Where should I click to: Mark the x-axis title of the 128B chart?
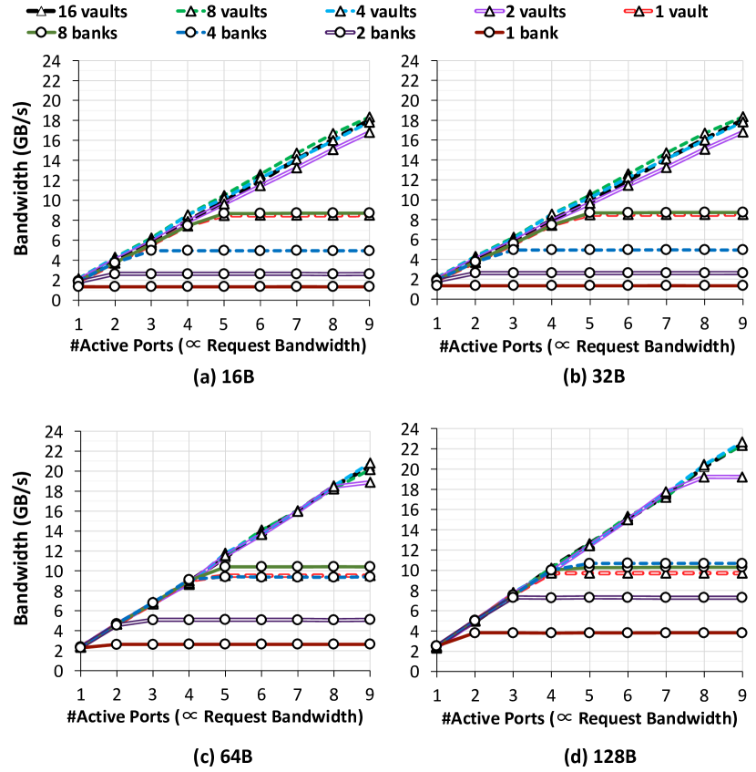(589, 717)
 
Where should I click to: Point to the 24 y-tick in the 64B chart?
(57, 430)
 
